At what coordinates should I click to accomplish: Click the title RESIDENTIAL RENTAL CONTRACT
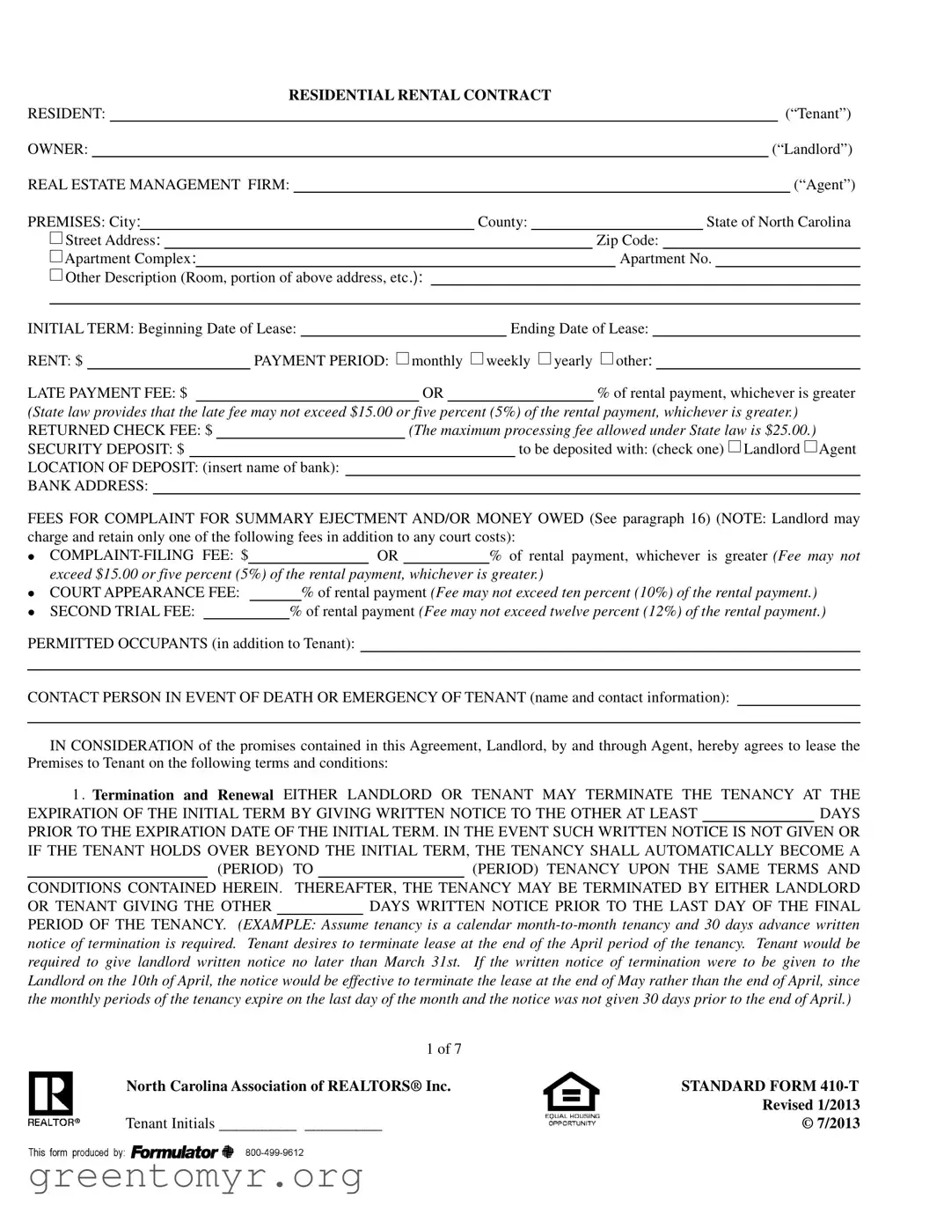coord(420,95)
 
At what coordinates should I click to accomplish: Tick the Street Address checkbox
coord(56,239)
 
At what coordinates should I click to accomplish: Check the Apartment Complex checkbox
coord(56,257)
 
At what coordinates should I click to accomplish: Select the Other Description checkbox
coord(56,276)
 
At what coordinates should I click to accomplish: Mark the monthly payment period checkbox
coord(402,358)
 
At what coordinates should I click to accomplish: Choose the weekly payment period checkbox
coord(477,358)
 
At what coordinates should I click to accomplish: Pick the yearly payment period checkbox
coord(545,358)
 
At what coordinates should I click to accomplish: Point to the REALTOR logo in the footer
coord(51,1098)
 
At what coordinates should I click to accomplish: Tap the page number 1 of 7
coord(443,1049)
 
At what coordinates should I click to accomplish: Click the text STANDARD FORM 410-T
coord(770,1086)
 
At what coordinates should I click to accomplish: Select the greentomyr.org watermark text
coord(195,1176)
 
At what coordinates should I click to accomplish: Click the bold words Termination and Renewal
coord(183,794)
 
